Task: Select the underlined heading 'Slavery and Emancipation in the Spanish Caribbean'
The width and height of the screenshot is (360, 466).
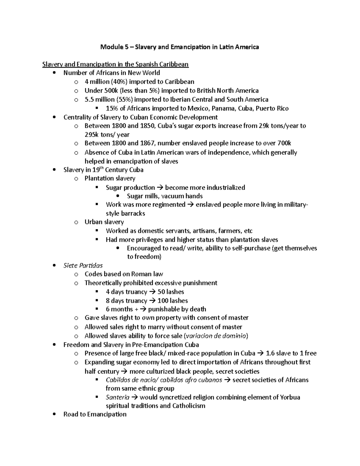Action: coord(115,64)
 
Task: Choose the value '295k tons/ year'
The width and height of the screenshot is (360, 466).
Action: coord(107,135)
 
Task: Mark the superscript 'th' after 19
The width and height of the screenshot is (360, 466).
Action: coord(104,168)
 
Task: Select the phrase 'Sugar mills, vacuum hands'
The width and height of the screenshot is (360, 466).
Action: coord(165,196)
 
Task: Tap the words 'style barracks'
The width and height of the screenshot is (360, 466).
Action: coord(125,214)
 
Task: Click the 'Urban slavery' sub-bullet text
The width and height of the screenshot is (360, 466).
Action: coord(104,222)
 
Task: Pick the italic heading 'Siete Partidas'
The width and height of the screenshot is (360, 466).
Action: coord(83,266)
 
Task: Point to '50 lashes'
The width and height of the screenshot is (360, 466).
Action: coord(171,292)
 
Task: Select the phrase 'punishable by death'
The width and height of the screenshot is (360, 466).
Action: coord(177,309)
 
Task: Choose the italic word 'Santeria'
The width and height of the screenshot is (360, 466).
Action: coord(118,397)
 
